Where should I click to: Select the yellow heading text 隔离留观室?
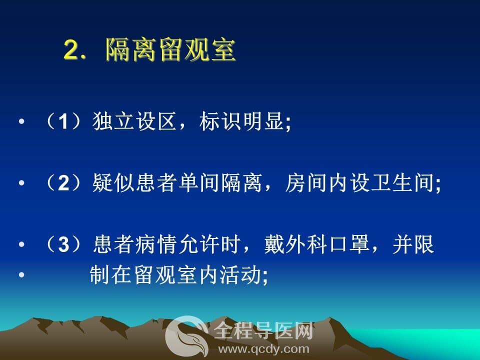pyautogui.click(x=170, y=49)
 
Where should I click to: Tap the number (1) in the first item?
pyautogui.click(x=63, y=121)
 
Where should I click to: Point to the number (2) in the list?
pyautogui.click(x=63, y=183)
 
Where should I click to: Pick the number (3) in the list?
pyautogui.click(x=63, y=244)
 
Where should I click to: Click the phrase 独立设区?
pyautogui.click(x=134, y=121)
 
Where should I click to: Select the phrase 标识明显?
pyautogui.click(x=241, y=121)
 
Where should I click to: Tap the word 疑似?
pyautogui.click(x=113, y=183)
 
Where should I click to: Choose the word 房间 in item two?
pyautogui.click(x=306, y=183)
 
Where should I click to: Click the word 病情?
pyautogui.click(x=156, y=244)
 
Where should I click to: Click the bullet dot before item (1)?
pyautogui.click(x=21, y=121)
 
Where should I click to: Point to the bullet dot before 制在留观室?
pyautogui.click(x=21, y=274)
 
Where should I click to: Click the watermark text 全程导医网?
pyautogui.click(x=263, y=330)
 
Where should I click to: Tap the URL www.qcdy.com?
pyautogui.click(x=263, y=349)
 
